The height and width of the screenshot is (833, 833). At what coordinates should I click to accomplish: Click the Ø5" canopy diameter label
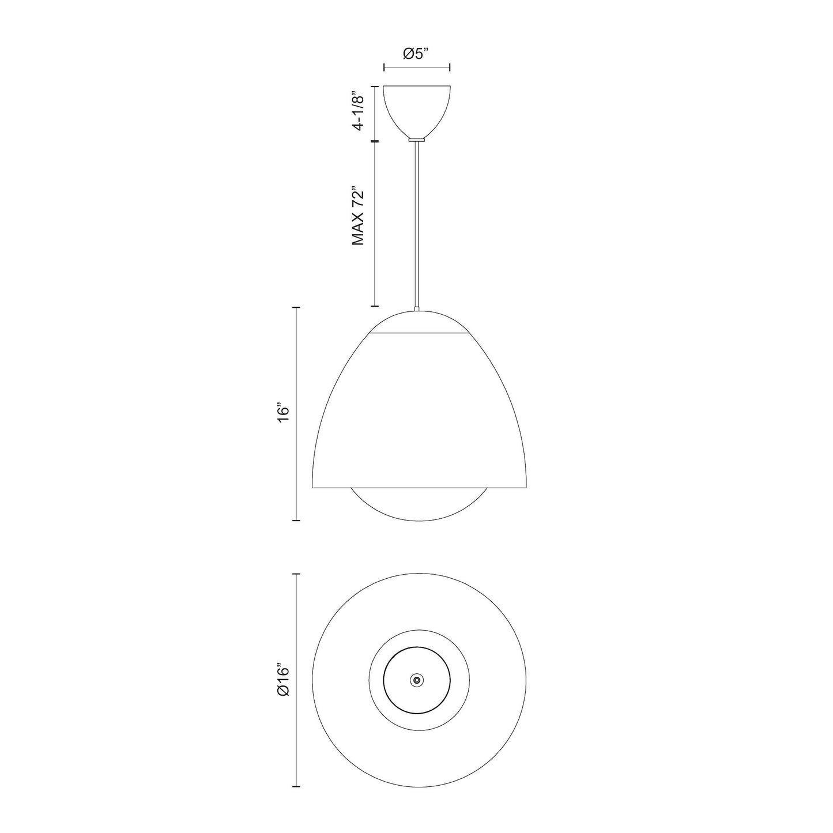[x=417, y=54]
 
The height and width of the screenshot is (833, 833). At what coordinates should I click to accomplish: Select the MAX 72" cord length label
[x=359, y=216]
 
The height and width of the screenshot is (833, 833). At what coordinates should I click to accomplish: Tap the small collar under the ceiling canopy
[x=416, y=139]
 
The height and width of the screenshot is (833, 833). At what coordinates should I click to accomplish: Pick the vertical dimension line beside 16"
[x=297, y=414]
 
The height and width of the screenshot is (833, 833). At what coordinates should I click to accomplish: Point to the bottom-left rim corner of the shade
[x=313, y=488]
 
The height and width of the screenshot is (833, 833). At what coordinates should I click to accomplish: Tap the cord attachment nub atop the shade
[x=417, y=310]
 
